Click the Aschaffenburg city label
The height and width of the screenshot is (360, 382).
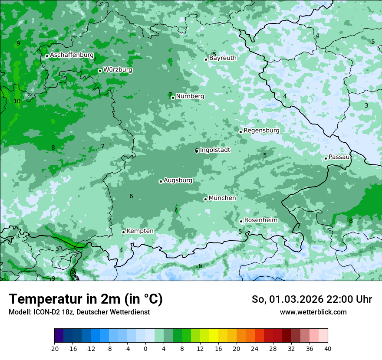click(x=72, y=55)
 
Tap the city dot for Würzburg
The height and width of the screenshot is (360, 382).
click(x=100, y=71)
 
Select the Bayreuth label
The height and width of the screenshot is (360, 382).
click(x=223, y=58)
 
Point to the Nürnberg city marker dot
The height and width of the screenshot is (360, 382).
click(x=173, y=98)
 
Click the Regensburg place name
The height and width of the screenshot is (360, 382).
click(x=261, y=131)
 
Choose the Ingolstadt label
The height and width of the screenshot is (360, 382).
click(x=215, y=150)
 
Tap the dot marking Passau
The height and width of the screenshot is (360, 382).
click(x=326, y=158)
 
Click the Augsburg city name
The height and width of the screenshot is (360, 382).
click(x=178, y=180)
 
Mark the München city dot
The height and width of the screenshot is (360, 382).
click(x=205, y=200)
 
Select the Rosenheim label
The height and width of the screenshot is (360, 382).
click(x=260, y=220)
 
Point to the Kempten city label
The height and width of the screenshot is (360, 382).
click(x=140, y=231)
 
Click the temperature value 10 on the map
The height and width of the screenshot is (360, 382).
click(x=17, y=101)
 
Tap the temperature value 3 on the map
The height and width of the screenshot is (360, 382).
click(x=366, y=105)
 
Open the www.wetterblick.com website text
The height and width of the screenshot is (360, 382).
click(x=313, y=312)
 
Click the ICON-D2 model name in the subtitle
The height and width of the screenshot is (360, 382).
click(x=47, y=312)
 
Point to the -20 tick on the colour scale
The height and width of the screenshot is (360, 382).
click(x=54, y=348)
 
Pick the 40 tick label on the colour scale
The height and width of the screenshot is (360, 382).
click(x=328, y=348)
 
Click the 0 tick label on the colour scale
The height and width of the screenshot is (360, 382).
click(x=145, y=348)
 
